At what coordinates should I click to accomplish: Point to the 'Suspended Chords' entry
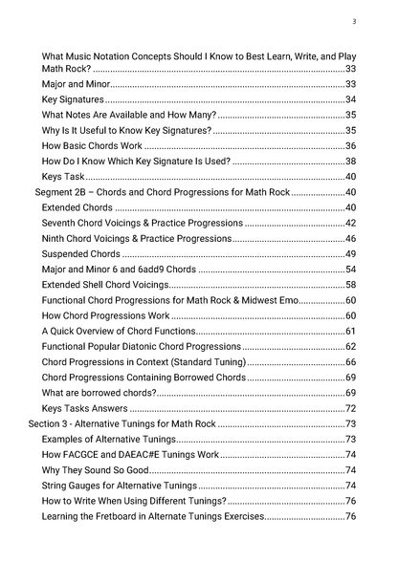80,254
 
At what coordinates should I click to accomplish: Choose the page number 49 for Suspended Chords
350,254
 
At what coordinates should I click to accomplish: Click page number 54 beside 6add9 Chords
350,270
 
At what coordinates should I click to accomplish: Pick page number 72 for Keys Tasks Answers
350,408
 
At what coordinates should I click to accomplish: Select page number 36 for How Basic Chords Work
350,146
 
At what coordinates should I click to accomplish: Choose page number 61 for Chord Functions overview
350,331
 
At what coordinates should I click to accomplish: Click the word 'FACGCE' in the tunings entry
81,455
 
